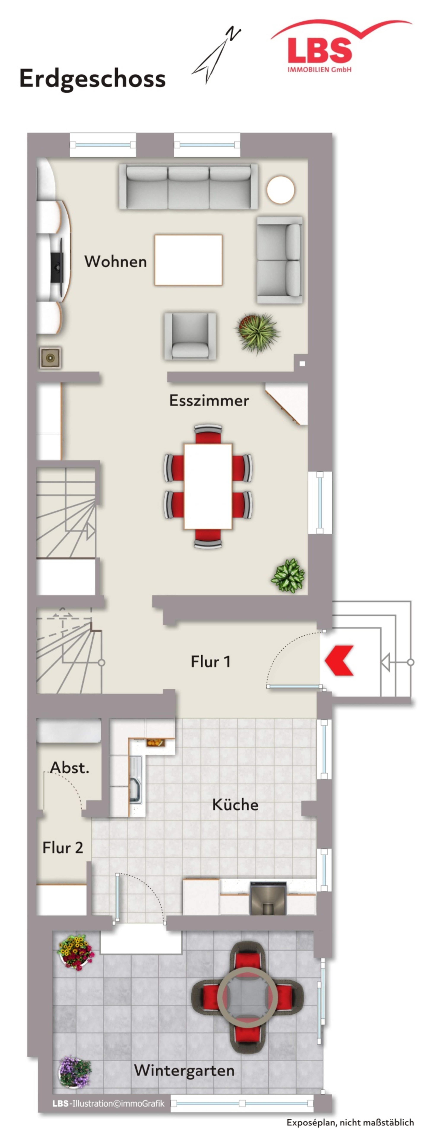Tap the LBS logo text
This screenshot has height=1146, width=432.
click(319, 50)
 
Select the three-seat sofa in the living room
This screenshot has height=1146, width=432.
click(188, 187)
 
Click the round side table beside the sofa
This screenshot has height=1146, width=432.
click(280, 189)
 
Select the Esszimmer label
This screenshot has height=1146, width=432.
click(209, 400)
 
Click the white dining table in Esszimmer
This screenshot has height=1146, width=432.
click(208, 486)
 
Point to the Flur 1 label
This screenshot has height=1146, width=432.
click(211, 662)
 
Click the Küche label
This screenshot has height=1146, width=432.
click(235, 804)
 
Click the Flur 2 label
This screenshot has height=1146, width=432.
click(63, 848)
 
